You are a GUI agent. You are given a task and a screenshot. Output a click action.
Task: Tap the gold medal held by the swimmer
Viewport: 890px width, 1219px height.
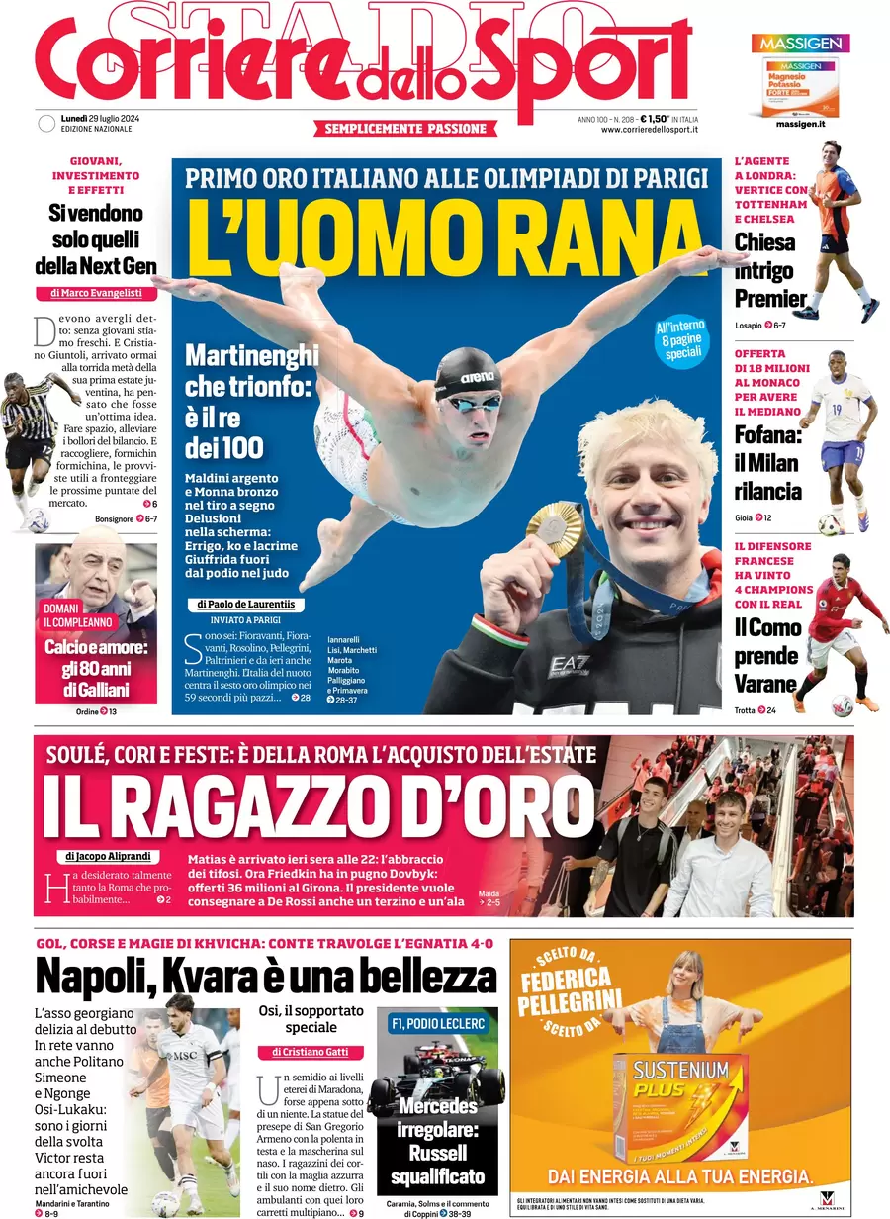(557, 528)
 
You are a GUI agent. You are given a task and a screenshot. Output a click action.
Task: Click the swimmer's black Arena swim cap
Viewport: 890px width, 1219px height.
(467, 373)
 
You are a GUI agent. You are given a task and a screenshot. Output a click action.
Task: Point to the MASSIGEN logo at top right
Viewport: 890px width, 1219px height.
(800, 44)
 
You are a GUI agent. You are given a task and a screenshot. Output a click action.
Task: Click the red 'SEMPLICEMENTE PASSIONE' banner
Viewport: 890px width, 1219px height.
(405, 129)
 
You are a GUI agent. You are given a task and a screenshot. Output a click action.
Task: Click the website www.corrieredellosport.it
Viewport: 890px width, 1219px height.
(650, 129)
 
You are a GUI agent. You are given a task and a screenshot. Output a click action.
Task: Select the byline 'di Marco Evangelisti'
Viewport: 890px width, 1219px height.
(96, 293)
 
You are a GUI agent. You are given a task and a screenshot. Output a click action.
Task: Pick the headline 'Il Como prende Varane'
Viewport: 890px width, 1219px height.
(766, 654)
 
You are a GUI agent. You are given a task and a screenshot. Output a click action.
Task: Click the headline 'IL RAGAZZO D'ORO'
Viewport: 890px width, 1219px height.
(316, 805)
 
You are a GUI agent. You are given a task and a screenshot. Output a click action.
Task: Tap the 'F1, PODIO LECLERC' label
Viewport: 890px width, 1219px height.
(437, 1023)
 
